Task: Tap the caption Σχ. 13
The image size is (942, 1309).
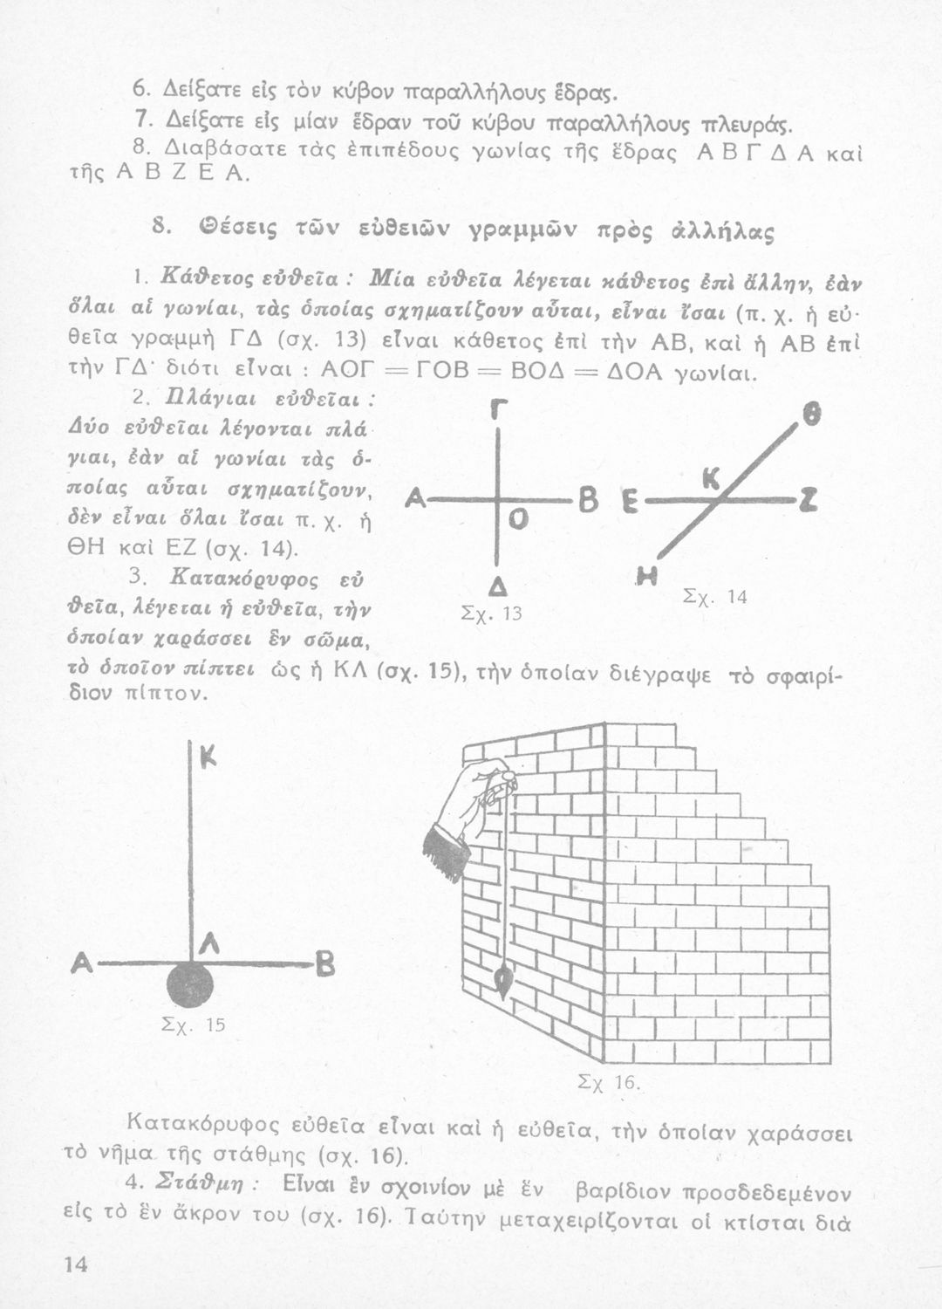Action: [477, 613]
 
